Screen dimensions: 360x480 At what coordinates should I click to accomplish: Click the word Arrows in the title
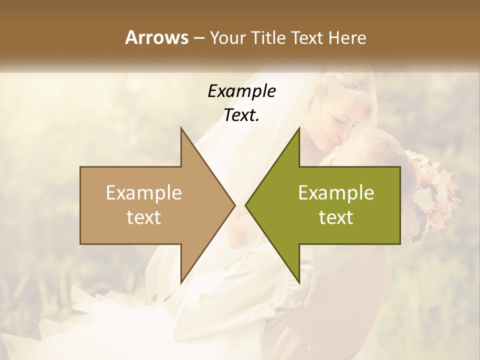[156, 37]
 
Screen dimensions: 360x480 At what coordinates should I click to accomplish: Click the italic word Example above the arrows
[241, 91]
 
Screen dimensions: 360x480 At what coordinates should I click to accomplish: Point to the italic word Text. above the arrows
[241, 115]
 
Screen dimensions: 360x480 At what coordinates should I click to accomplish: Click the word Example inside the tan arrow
[144, 193]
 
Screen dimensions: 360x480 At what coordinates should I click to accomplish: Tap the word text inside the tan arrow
[144, 217]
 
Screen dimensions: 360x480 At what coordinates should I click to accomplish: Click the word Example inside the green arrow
[336, 193]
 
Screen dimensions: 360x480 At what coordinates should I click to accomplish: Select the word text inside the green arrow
[336, 217]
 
